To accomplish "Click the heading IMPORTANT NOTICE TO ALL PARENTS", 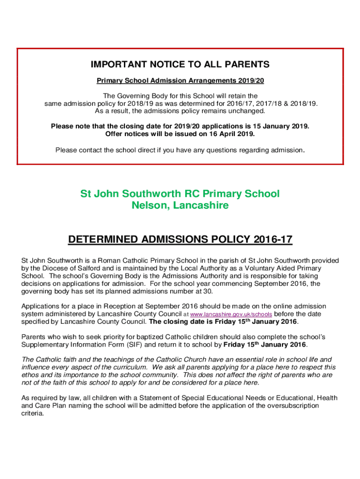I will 180,65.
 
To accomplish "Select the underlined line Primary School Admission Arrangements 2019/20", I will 180,80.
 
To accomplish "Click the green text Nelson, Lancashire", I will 180,205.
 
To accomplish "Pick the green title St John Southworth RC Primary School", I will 180,194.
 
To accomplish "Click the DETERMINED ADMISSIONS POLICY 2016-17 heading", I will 180,240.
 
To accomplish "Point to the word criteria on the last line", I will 33,414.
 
